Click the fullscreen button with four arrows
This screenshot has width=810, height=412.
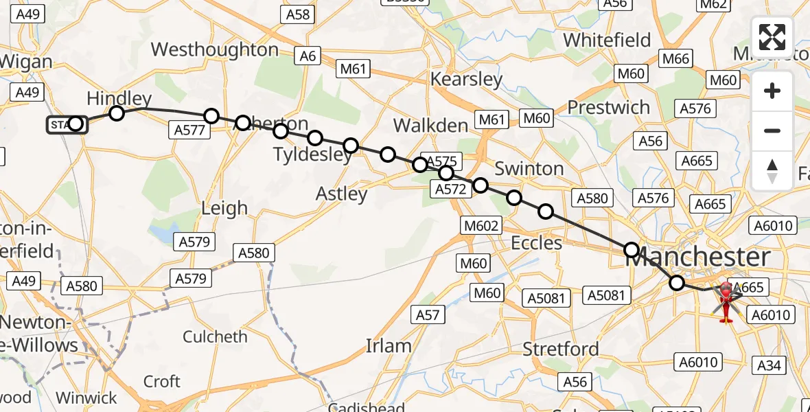point(772,37)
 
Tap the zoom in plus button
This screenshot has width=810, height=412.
point(772,91)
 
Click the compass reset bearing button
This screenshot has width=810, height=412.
point(772,170)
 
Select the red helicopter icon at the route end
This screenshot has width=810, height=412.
point(726,302)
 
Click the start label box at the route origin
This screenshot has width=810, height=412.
point(66,124)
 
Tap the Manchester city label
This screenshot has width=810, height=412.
point(697,257)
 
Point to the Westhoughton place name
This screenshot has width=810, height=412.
point(215,49)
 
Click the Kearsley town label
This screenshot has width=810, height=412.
point(466,79)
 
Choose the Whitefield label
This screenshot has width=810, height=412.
point(607,40)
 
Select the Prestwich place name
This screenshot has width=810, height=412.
point(608,108)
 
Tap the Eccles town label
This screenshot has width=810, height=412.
point(536,243)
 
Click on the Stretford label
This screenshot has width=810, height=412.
point(561,349)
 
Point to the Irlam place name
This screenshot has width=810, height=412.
point(389,345)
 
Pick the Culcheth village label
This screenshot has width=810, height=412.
point(215,336)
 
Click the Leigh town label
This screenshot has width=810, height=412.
point(224,208)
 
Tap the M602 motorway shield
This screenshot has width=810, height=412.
point(482,225)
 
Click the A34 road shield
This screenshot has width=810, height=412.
point(769,365)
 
